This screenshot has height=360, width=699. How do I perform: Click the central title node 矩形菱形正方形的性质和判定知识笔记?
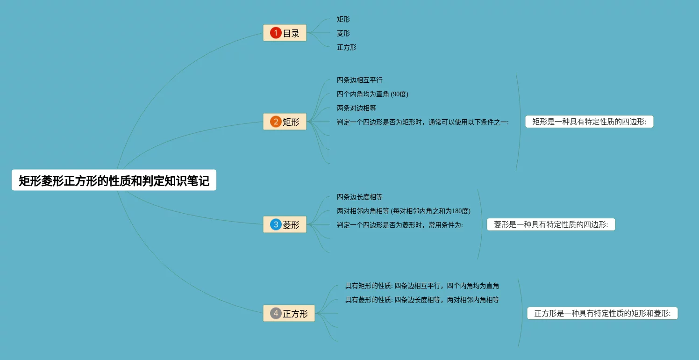click(114, 180)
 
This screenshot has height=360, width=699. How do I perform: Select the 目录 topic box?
click(285, 33)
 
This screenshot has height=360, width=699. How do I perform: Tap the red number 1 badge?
click(276, 33)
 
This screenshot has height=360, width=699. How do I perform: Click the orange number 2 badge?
click(276, 122)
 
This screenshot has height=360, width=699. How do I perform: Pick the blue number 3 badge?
click(276, 224)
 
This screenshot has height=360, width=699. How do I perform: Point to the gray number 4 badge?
click(276, 313)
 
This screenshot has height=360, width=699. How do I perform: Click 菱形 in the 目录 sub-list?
click(343, 33)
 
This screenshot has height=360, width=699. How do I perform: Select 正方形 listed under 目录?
click(347, 47)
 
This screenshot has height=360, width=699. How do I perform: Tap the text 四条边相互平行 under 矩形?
click(360, 80)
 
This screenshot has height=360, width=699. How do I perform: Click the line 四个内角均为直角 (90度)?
click(372, 94)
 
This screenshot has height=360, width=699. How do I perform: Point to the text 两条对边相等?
click(357, 108)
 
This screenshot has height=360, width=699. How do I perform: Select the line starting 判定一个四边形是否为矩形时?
click(422, 122)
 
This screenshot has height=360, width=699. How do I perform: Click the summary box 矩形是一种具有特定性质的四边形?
click(589, 122)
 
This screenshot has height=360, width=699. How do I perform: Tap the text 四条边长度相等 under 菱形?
click(360, 197)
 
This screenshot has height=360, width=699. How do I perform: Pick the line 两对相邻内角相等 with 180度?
click(403, 211)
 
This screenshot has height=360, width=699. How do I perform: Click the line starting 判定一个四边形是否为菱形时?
click(399, 225)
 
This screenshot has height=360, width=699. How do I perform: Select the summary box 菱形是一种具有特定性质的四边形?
click(551, 224)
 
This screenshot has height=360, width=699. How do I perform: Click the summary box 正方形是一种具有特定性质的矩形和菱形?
click(602, 313)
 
